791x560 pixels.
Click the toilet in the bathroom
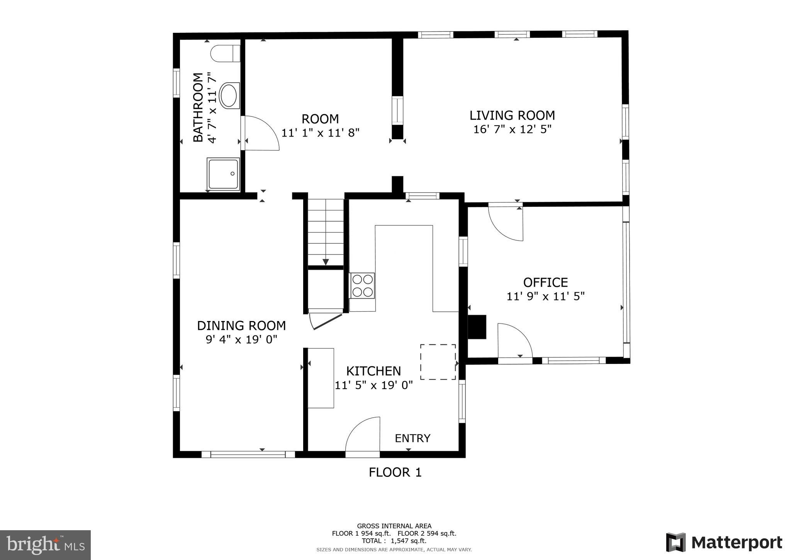[225, 53]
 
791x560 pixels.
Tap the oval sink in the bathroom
[229, 95]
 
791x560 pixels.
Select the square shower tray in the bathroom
[223, 174]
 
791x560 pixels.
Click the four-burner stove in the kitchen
[362, 285]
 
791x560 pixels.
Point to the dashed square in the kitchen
[438, 362]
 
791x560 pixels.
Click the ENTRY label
[412, 438]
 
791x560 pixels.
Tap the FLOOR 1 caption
[395, 472]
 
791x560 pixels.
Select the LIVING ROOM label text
[512, 115]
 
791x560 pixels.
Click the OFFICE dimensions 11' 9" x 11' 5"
[545, 296]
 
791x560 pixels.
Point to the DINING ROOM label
[241, 326]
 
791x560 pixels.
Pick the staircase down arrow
[325, 262]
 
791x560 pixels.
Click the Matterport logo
[724, 542]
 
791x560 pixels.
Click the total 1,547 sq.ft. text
[394, 541]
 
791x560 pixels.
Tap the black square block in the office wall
[477, 327]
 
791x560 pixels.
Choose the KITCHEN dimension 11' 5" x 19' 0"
[373, 385]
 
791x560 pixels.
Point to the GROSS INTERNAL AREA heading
[394, 526]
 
